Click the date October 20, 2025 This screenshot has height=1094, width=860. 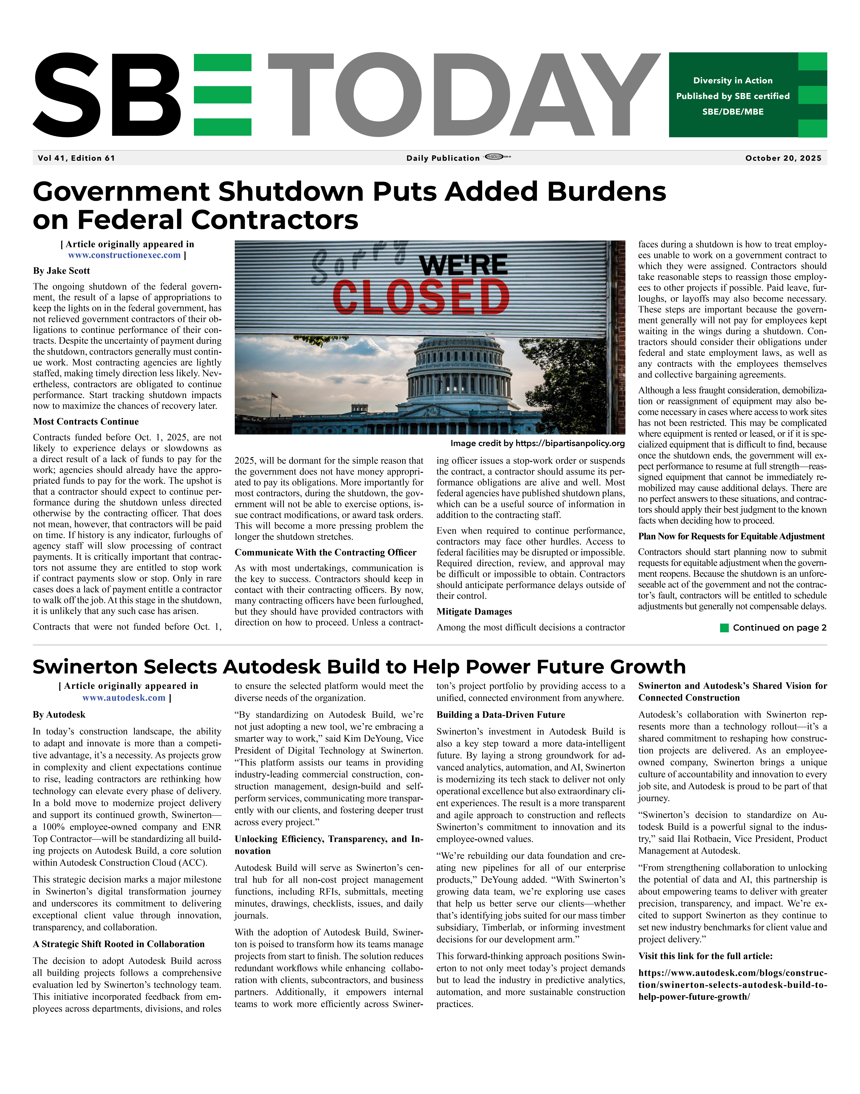(783, 158)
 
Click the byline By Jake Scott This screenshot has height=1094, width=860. (61, 271)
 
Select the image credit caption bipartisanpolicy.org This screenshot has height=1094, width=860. (537, 443)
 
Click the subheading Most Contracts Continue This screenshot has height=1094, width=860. (86, 422)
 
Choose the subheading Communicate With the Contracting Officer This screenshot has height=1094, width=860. (325, 553)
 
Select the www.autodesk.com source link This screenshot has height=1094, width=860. (124, 698)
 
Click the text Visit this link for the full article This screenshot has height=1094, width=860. (705, 956)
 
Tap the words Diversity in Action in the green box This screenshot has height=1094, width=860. (733, 80)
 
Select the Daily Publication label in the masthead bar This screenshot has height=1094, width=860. (443, 158)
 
